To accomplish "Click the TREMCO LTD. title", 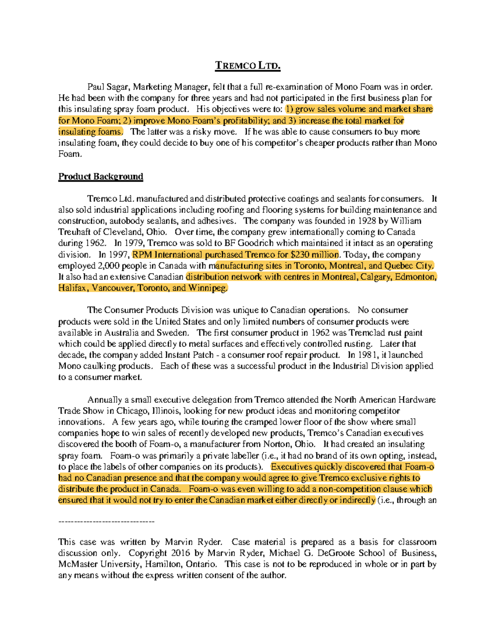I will [247, 66].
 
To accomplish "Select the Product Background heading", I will [101, 177].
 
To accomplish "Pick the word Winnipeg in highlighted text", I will [207, 288].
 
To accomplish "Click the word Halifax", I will [73, 288].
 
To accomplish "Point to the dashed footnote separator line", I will [106, 522].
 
